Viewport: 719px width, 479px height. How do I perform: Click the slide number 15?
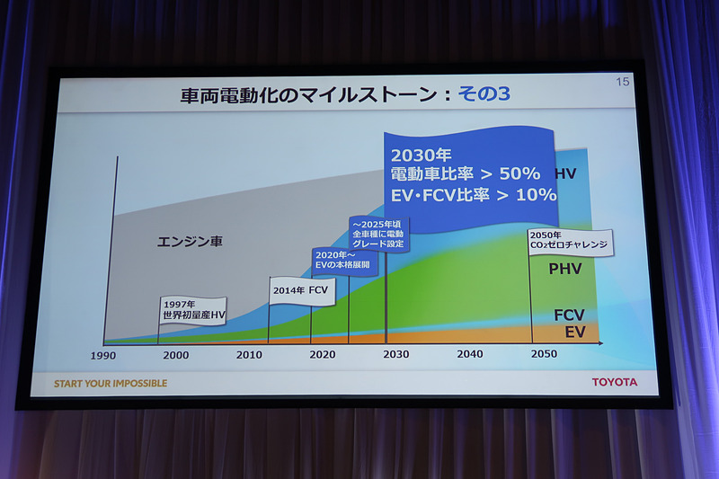pos(622,83)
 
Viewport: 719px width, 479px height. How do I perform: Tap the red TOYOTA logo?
pos(614,382)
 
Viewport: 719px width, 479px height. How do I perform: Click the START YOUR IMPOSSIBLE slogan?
pos(111,384)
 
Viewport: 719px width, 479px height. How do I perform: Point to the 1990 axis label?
pos(102,355)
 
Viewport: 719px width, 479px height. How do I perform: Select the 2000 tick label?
pos(176,355)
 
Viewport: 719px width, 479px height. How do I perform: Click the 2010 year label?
pos(249,355)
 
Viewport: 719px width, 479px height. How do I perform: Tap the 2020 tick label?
pos(322,355)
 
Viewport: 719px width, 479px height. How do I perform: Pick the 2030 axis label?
pos(395,354)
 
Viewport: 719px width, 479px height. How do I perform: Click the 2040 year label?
pos(469,354)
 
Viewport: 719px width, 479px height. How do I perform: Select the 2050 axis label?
pos(543,354)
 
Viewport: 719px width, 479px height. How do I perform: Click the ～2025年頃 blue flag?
pos(378,232)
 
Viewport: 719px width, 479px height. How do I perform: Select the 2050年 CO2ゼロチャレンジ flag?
pos(569,241)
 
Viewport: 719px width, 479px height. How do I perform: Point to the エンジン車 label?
pos(190,242)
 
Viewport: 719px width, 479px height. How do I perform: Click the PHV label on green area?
pos(565,269)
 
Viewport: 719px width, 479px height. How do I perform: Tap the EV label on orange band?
pos(575,333)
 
